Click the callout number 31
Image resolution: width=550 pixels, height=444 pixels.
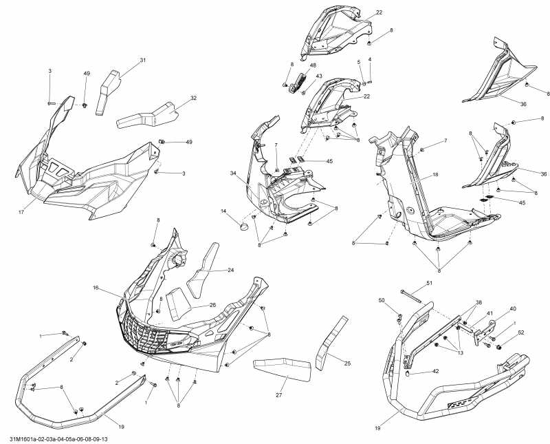click(x=142, y=60)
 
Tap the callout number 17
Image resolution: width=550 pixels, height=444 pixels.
click(x=21, y=212)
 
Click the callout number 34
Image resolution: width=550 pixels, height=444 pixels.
click(x=233, y=173)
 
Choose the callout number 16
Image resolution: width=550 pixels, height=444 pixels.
click(x=96, y=288)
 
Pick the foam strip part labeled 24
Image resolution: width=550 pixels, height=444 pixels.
click(x=202, y=271)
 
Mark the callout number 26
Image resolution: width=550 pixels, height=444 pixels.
click(x=212, y=305)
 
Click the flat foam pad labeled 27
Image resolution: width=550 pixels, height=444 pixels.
click(x=283, y=370)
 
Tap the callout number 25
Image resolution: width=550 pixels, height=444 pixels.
click(x=347, y=363)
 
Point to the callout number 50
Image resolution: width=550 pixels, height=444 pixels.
click(x=382, y=300)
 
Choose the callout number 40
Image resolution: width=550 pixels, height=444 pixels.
click(x=513, y=309)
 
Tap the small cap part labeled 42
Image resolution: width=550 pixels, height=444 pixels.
click(x=408, y=373)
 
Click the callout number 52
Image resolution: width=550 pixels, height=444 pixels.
click(x=521, y=332)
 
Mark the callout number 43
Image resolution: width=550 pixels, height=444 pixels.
click(x=319, y=76)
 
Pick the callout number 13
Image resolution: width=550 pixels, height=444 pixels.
click(x=460, y=352)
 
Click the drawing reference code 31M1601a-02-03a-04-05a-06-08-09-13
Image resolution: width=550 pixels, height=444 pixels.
click(x=56, y=439)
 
